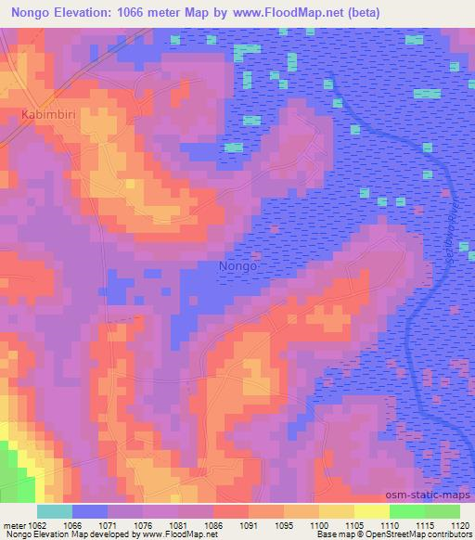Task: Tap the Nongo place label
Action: click(x=237, y=266)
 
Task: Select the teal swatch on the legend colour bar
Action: click(x=55, y=511)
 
